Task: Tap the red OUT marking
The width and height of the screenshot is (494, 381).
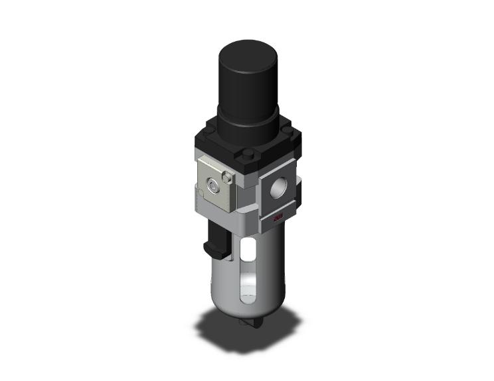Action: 276,218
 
